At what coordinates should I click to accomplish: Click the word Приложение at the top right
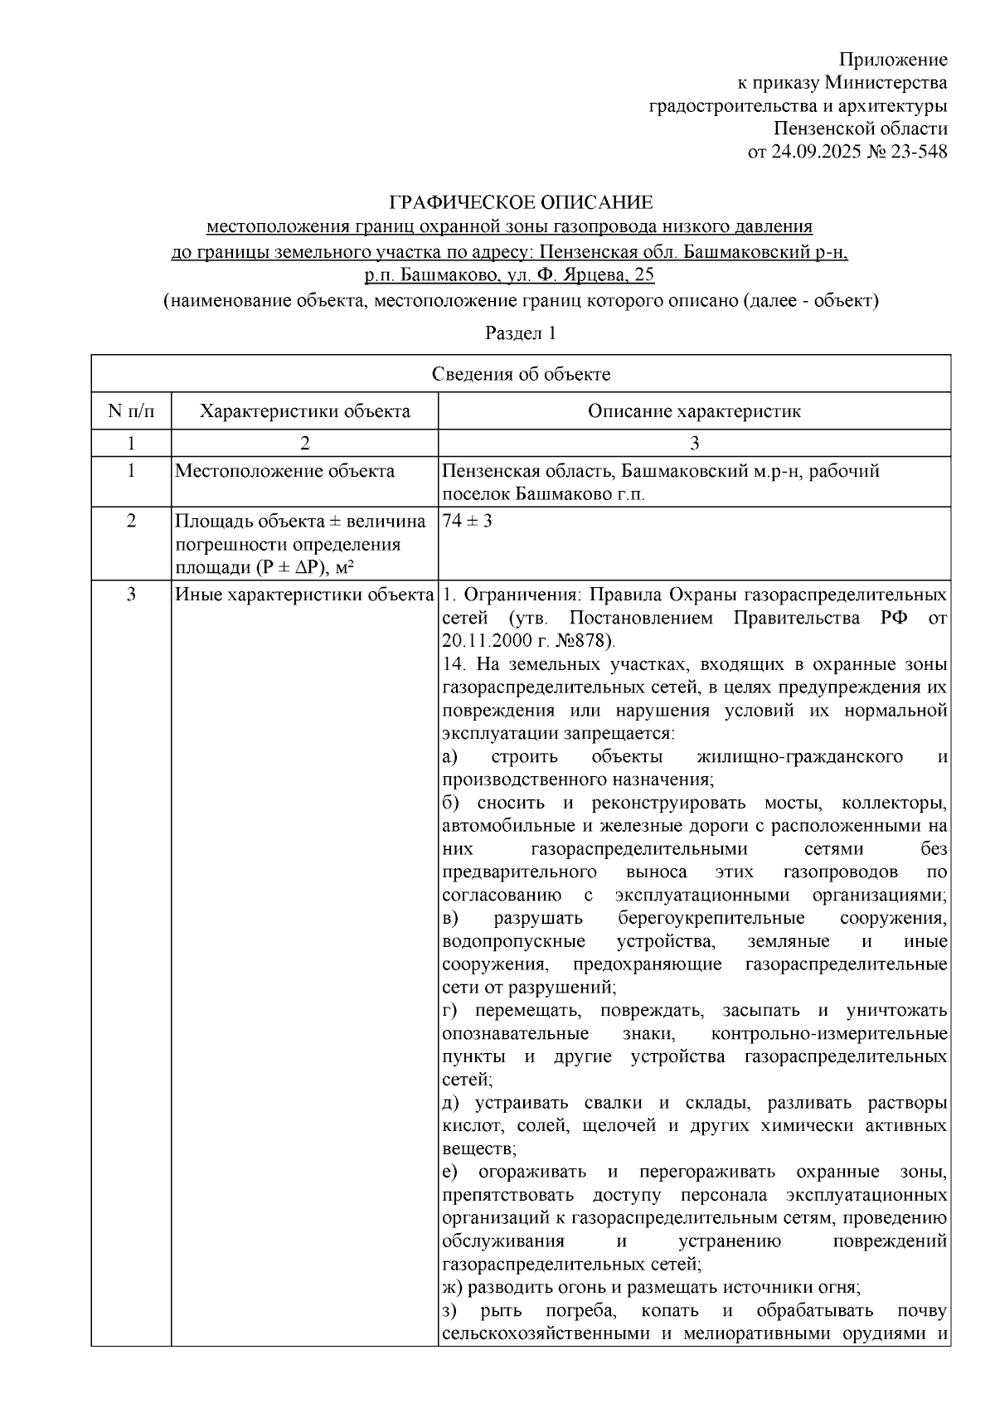coord(893,60)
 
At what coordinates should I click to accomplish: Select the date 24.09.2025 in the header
coord(814,152)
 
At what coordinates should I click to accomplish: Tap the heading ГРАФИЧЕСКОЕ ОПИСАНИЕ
coord(521,202)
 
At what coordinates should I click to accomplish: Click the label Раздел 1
coord(520,333)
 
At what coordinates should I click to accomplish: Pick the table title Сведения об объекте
coord(521,374)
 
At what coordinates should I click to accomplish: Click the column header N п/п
coord(131,411)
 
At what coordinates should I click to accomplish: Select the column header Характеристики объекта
coord(305,411)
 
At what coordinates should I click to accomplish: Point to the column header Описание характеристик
coord(694,411)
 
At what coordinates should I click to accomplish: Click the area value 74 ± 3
coord(468,522)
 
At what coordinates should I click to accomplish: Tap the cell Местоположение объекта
coord(284,472)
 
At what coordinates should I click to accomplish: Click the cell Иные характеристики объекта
coord(304,595)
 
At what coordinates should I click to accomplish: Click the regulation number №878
coord(581,641)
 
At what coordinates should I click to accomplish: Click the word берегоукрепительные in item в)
coord(711,919)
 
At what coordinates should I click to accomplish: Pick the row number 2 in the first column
coord(131,522)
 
